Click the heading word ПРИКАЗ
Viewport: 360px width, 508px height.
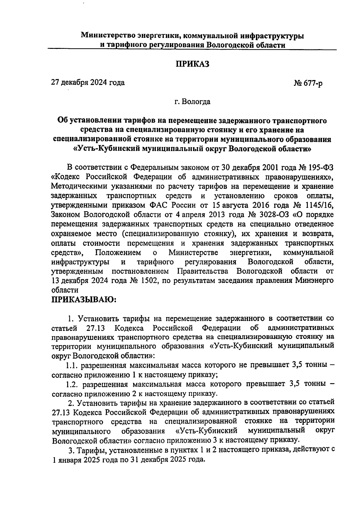tap(192, 64)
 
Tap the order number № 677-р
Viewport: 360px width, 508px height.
tap(308, 83)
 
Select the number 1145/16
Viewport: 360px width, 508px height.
tap(321, 205)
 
